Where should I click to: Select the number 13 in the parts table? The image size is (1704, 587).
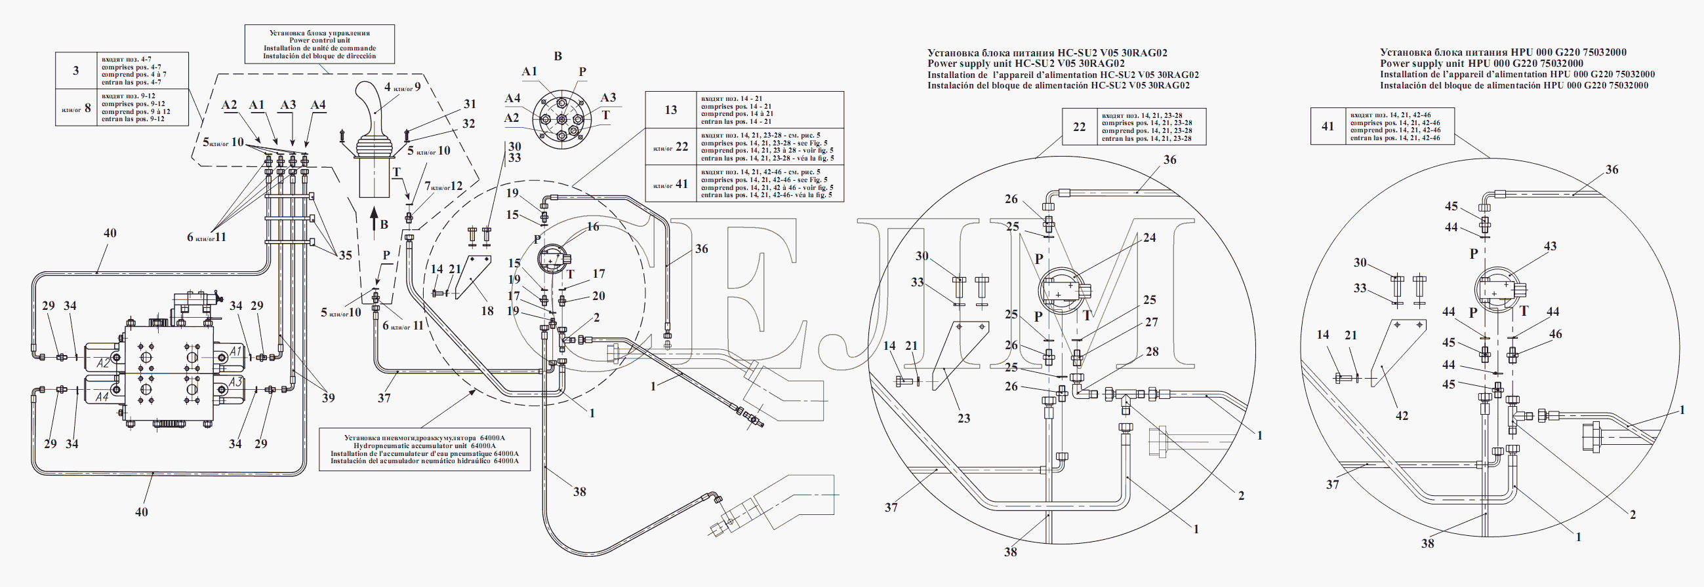(671, 109)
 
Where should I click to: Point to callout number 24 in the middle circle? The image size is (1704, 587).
(1150, 237)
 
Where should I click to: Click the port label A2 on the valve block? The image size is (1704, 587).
(102, 363)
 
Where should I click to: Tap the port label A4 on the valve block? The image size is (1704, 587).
(102, 397)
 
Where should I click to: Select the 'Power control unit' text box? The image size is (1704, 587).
(319, 45)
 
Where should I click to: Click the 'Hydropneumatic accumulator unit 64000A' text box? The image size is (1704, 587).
(424, 449)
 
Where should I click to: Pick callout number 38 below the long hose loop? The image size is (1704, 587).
(579, 492)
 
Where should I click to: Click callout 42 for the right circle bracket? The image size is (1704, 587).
(1402, 416)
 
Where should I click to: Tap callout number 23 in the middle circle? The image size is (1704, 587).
(964, 419)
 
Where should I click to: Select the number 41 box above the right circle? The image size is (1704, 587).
(1328, 126)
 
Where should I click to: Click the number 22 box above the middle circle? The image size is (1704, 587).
(1079, 127)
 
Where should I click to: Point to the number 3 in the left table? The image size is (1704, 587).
(76, 71)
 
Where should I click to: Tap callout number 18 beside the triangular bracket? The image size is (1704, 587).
(487, 311)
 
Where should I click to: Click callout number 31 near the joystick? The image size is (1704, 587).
(470, 104)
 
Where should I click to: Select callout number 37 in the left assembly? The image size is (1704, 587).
(384, 398)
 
